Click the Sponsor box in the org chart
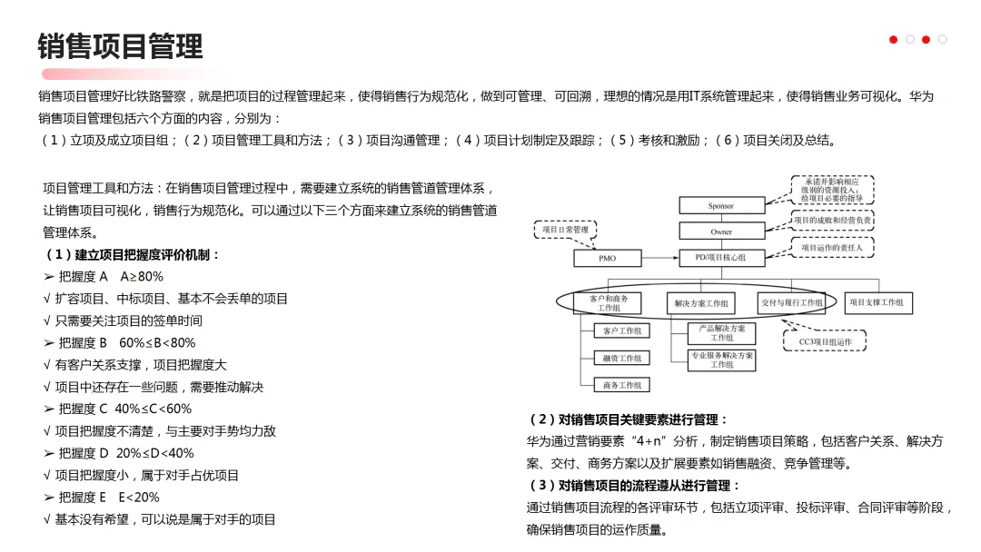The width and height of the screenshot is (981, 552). point(721,206)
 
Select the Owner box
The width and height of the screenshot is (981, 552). point(721,232)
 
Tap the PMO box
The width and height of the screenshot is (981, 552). point(607,259)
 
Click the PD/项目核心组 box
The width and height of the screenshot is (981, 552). point(721,258)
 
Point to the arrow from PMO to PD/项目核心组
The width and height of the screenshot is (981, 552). point(659,259)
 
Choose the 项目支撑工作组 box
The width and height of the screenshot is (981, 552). point(878,302)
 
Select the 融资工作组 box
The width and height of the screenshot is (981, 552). point(621,359)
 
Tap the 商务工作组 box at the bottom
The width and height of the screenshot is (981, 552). point(621,385)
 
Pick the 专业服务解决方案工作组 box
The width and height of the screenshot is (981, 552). point(721,360)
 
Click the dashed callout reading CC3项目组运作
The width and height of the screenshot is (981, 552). point(825,341)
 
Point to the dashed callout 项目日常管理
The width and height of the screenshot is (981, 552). point(565,231)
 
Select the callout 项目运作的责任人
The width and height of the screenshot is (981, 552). point(831,247)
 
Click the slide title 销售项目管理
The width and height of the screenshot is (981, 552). point(120,45)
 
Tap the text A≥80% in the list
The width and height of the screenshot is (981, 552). point(142,277)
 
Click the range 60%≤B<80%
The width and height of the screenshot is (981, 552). point(157,343)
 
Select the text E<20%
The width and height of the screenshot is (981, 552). point(139,498)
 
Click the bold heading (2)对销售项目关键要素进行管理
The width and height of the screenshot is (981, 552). point(629,419)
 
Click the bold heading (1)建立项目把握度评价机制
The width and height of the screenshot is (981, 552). point(133,255)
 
